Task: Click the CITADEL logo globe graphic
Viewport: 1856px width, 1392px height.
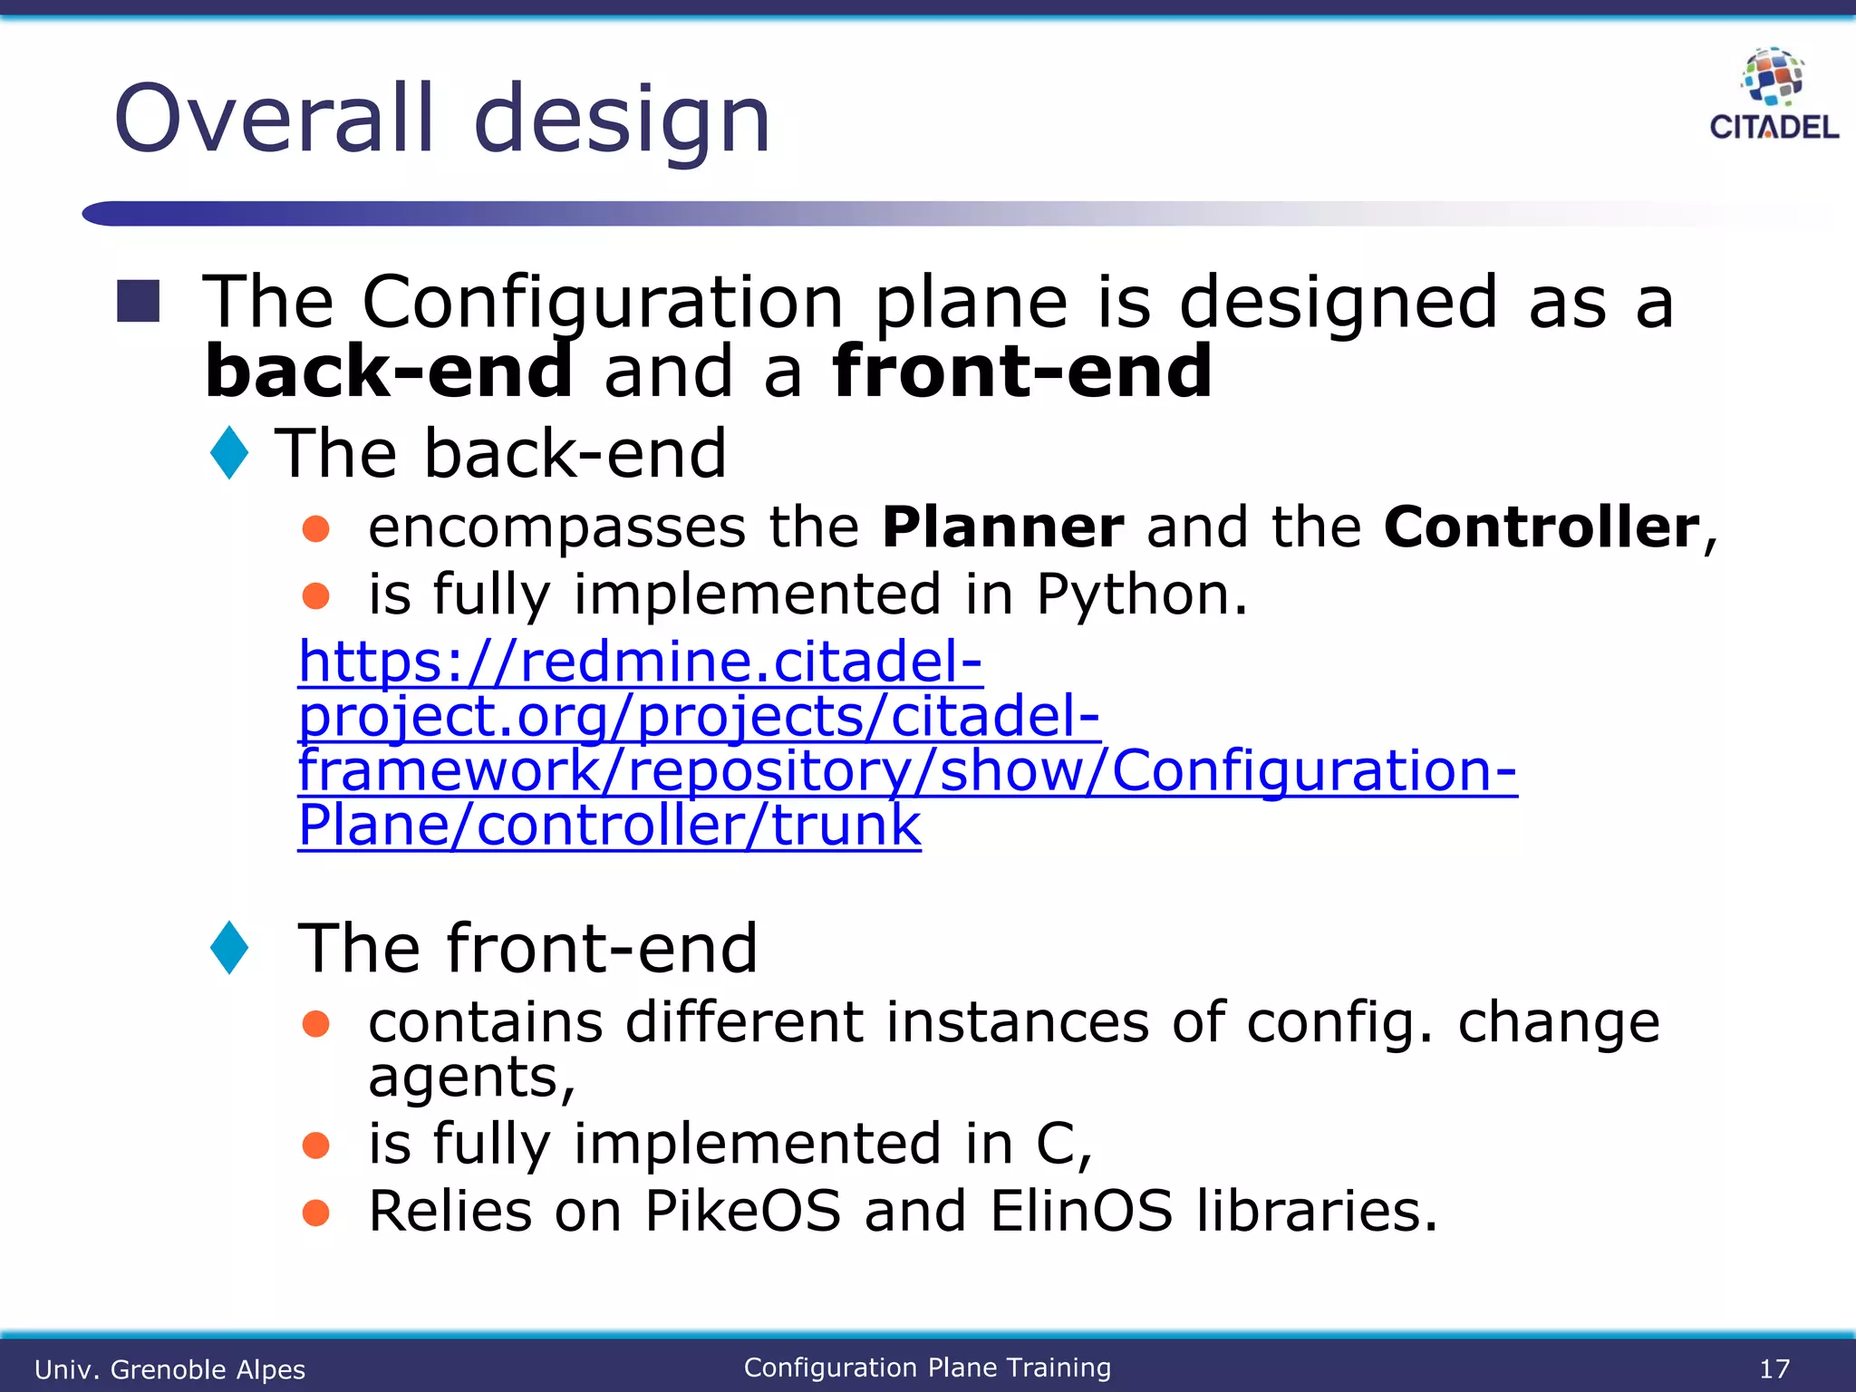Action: [x=1773, y=77]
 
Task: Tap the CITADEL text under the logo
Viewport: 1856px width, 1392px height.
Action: [x=1774, y=128]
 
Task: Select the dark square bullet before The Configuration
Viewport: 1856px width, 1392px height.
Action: [x=139, y=301]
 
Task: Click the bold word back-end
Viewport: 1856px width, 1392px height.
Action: [x=389, y=372]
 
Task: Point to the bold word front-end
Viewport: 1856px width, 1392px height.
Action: [x=1021, y=372]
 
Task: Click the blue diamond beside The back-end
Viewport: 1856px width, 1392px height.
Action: [x=229, y=452]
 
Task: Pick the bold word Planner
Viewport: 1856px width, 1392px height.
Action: [x=1002, y=527]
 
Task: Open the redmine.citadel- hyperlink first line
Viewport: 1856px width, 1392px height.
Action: [x=640, y=662]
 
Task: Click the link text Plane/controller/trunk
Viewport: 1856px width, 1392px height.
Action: [x=609, y=826]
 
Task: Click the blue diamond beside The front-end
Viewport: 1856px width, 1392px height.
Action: [x=229, y=948]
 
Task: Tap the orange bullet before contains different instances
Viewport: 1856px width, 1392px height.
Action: [x=315, y=1024]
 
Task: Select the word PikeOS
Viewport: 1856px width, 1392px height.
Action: [x=743, y=1211]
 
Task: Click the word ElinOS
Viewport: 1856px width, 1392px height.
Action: [x=1080, y=1211]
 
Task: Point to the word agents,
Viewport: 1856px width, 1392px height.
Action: [x=471, y=1078]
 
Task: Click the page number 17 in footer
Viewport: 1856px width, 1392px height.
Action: [x=1774, y=1368]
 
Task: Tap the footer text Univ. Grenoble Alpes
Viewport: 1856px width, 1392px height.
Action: [x=169, y=1369]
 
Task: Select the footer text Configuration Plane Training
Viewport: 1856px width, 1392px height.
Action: [x=927, y=1368]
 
